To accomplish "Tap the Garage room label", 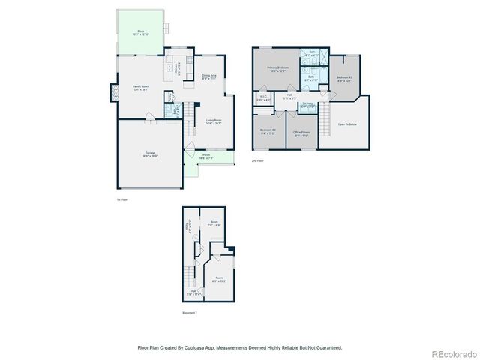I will [x=150, y=155].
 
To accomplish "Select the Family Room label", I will [x=139, y=88].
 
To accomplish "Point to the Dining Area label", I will [x=209, y=76].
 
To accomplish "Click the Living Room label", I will [x=213, y=121].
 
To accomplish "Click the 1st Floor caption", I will [x=121, y=199].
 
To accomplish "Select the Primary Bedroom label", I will [x=278, y=69].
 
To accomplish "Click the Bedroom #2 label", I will [x=345, y=78].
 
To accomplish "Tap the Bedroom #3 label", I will [x=268, y=132].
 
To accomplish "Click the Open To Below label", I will [x=347, y=124].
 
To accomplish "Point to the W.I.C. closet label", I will [x=263, y=97].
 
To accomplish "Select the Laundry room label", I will [x=307, y=104].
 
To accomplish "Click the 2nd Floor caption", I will [x=258, y=160].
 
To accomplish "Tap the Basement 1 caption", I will [x=190, y=313].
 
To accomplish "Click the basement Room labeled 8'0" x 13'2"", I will [x=219, y=280].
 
